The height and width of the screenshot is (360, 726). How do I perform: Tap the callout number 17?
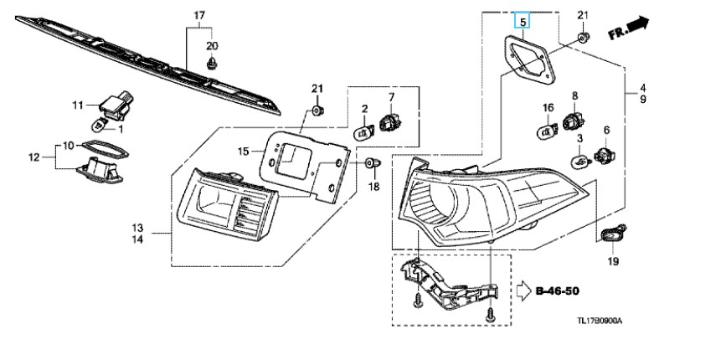click(x=199, y=16)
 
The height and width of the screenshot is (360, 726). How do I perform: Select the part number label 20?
click(x=212, y=44)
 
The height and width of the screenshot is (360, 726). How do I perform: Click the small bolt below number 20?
click(x=212, y=62)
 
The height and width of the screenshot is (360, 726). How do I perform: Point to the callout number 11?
click(x=78, y=105)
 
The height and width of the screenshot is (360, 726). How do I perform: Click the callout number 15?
click(x=244, y=152)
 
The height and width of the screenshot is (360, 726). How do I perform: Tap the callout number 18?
click(x=374, y=185)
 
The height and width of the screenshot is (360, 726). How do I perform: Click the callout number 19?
click(x=613, y=262)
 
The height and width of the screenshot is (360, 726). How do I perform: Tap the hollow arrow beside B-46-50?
click(x=523, y=291)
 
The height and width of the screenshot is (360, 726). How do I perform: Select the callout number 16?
click(x=548, y=107)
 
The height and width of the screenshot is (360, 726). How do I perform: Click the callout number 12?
click(x=34, y=157)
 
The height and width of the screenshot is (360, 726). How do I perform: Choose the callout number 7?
click(x=390, y=98)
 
